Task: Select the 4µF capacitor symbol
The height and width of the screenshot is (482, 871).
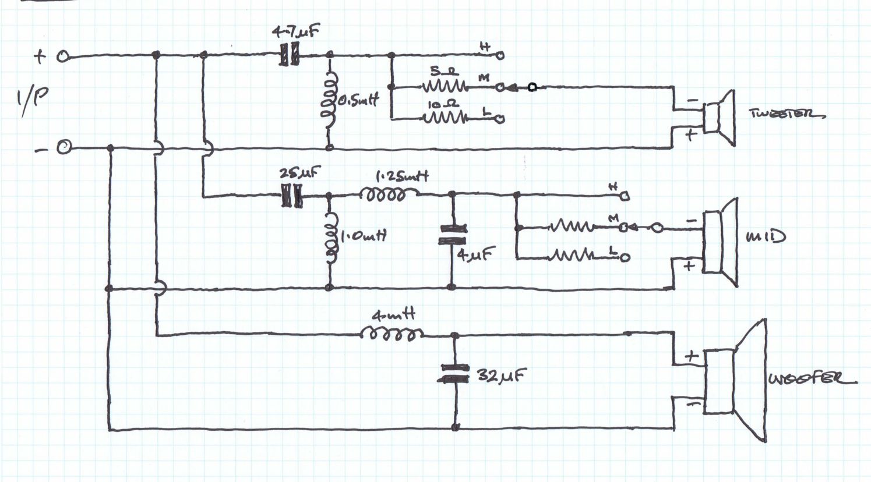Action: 452,235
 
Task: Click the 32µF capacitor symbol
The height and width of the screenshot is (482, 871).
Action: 455,373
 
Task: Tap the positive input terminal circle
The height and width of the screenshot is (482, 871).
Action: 63,56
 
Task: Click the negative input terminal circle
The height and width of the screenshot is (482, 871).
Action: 63,148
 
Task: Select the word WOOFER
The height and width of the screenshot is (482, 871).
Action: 812,379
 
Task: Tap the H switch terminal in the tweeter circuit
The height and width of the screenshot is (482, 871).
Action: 499,55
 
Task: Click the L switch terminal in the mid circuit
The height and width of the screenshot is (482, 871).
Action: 625,257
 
